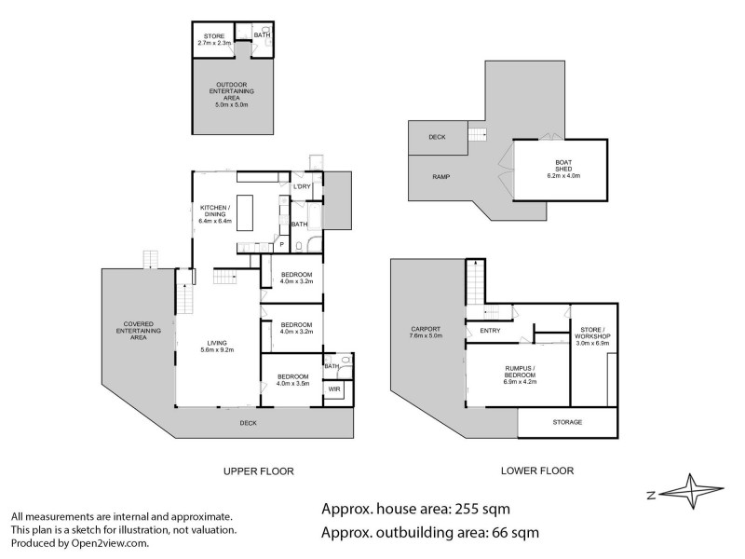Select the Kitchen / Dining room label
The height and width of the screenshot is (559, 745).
217,213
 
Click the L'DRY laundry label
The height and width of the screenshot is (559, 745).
301,187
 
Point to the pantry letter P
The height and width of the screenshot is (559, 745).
282,244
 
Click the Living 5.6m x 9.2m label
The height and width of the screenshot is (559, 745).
217,346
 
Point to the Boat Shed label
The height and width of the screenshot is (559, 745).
562,170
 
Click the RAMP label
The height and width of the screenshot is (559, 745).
440,176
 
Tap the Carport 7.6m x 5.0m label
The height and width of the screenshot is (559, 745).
426,332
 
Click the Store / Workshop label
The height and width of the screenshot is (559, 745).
593,334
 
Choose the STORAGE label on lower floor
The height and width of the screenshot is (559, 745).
567,422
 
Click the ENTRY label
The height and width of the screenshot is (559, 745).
491,331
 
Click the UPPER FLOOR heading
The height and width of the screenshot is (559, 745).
259,471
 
